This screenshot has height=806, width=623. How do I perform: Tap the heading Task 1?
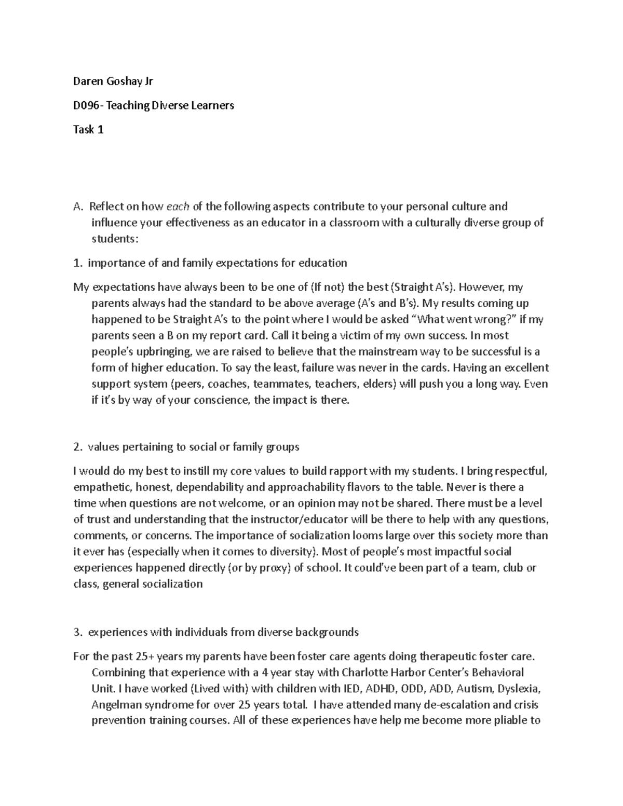click(x=88, y=130)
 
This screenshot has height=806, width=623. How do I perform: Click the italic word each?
click(x=178, y=207)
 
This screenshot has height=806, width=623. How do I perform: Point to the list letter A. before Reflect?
click(x=78, y=207)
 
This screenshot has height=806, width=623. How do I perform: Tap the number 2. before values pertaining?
click(x=78, y=447)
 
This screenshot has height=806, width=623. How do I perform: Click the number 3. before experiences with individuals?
click(x=78, y=632)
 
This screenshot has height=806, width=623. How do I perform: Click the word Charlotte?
click(x=364, y=673)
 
